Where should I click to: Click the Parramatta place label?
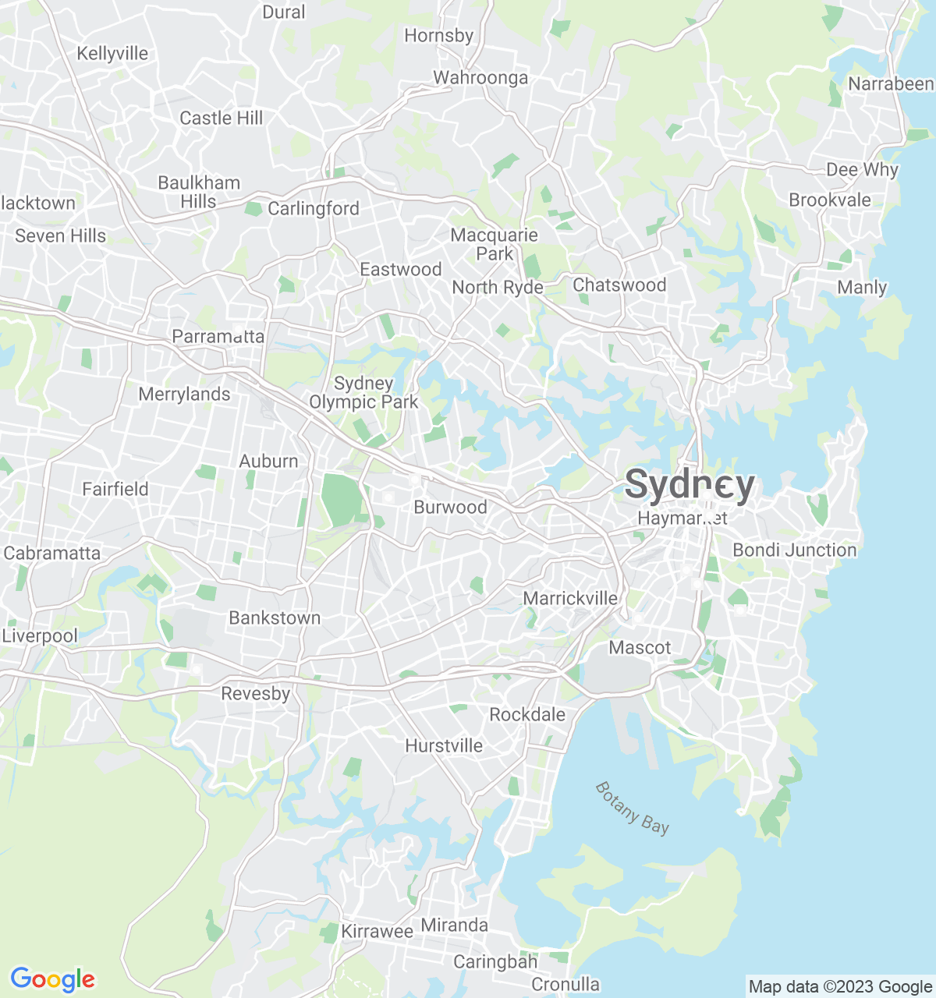[218, 337]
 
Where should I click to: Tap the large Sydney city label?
[690, 485]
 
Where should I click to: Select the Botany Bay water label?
[632, 808]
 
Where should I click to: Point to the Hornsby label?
[438, 35]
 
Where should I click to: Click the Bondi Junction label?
[794, 550]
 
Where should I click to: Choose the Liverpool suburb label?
[40, 635]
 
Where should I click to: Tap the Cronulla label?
[565, 985]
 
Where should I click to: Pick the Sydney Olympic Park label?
[363, 392]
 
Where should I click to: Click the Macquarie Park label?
[495, 244]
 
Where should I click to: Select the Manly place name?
[862, 287]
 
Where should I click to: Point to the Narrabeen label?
[890, 83]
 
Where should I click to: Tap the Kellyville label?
[112, 53]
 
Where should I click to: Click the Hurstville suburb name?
[444, 745]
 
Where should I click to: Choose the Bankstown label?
[275, 618]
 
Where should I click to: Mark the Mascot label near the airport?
[640, 647]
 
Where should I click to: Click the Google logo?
[52, 979]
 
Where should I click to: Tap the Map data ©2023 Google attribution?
[840, 987]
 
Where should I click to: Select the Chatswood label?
[619, 285]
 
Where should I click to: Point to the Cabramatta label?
[52, 553]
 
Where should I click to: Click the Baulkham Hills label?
[199, 192]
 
